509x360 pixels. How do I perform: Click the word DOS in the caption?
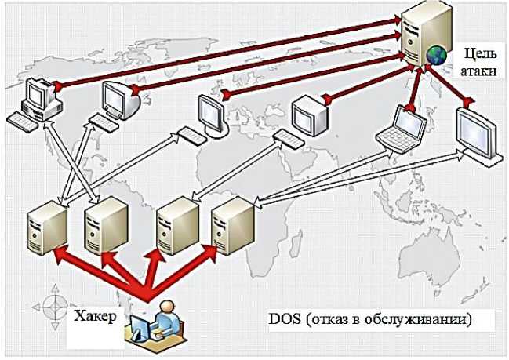282,320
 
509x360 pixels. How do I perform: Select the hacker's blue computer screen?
140,324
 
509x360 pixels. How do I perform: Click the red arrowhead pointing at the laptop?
411,114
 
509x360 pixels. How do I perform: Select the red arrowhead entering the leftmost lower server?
57,253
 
